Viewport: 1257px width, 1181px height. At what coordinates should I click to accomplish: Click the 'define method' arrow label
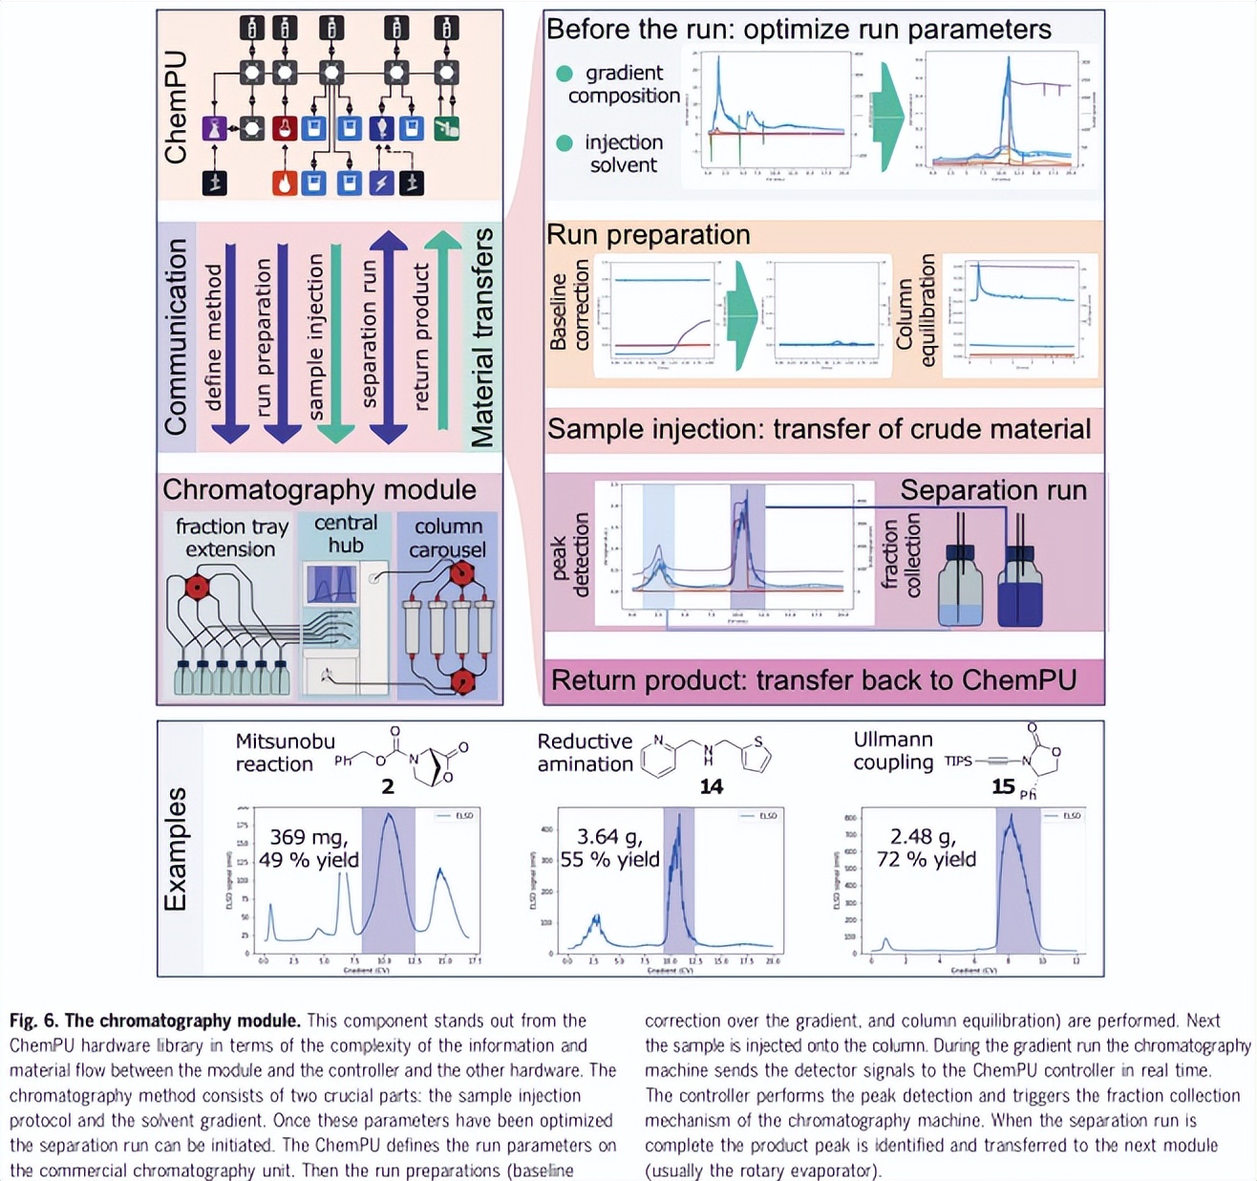coord(215,337)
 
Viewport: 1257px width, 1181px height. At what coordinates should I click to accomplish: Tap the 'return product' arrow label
coord(421,337)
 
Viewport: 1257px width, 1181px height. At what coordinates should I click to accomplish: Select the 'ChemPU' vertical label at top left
coord(176,108)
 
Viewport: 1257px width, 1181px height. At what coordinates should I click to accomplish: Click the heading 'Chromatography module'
coord(319,490)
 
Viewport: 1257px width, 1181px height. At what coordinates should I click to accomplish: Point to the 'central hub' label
coord(346,534)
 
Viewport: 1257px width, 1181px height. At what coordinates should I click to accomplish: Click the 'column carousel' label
coord(447,538)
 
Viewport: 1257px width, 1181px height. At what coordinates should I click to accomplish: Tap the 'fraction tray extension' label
coord(231,538)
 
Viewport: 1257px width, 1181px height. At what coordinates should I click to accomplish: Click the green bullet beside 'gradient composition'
coord(565,74)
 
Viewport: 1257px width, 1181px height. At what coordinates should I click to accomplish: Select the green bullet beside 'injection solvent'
coord(565,143)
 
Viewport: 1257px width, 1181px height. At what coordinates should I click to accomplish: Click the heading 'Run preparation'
coord(649,235)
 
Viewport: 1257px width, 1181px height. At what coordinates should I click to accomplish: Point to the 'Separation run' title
coord(993,490)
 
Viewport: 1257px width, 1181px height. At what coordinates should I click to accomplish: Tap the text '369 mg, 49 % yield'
coord(309,848)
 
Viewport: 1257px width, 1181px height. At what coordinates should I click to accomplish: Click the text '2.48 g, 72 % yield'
coord(926,848)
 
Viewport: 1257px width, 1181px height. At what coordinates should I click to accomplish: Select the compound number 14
coord(711,786)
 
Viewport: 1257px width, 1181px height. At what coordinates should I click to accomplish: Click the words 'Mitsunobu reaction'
coord(285,753)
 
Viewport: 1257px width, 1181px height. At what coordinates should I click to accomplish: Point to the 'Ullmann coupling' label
coord(893,751)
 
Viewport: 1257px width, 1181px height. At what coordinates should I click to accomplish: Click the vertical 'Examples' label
coord(176,849)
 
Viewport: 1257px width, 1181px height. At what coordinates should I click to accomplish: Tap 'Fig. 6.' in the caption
coord(37,1020)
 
